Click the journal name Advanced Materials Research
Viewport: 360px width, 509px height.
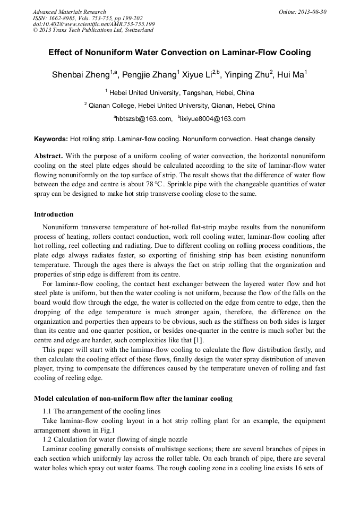click(x=69, y=12)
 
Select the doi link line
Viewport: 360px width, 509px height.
click(x=93, y=24)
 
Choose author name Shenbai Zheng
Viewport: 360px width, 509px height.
click(x=81, y=75)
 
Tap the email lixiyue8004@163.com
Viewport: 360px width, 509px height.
click(x=213, y=119)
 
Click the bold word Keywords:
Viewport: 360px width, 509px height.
click(x=51, y=139)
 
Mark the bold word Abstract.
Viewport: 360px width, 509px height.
click(x=49, y=156)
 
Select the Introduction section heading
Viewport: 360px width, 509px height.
click(x=54, y=214)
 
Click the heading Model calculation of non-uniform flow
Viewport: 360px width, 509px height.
click(x=133, y=398)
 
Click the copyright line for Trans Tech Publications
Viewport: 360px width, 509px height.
click(x=93, y=30)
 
